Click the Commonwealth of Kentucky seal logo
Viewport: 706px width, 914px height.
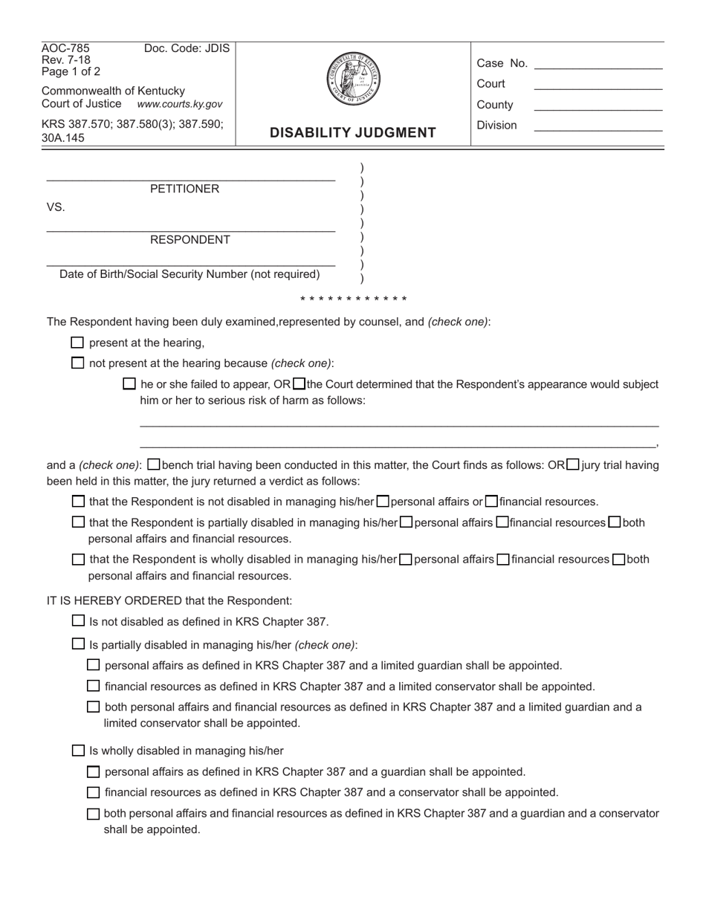354,80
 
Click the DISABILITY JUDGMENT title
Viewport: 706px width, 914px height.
352,133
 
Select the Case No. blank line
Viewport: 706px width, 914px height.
597,68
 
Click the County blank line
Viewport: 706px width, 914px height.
597,110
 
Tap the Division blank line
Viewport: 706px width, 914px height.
597,131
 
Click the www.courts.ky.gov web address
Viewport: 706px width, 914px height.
179,105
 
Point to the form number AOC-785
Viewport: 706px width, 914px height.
65,49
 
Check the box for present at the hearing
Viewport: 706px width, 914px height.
77,343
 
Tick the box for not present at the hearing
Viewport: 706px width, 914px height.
77,363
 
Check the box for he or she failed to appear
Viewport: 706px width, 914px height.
129,384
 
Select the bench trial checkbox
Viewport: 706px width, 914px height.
153,465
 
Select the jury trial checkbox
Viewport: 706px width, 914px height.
572,465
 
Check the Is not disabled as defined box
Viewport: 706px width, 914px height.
78,621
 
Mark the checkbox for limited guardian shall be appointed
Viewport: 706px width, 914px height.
94,665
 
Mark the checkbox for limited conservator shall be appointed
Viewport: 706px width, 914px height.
94,686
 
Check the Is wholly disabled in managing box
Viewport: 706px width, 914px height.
78,751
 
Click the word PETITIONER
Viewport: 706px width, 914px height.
184,189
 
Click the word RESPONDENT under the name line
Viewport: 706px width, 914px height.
190,240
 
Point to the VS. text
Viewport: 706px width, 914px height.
56,207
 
